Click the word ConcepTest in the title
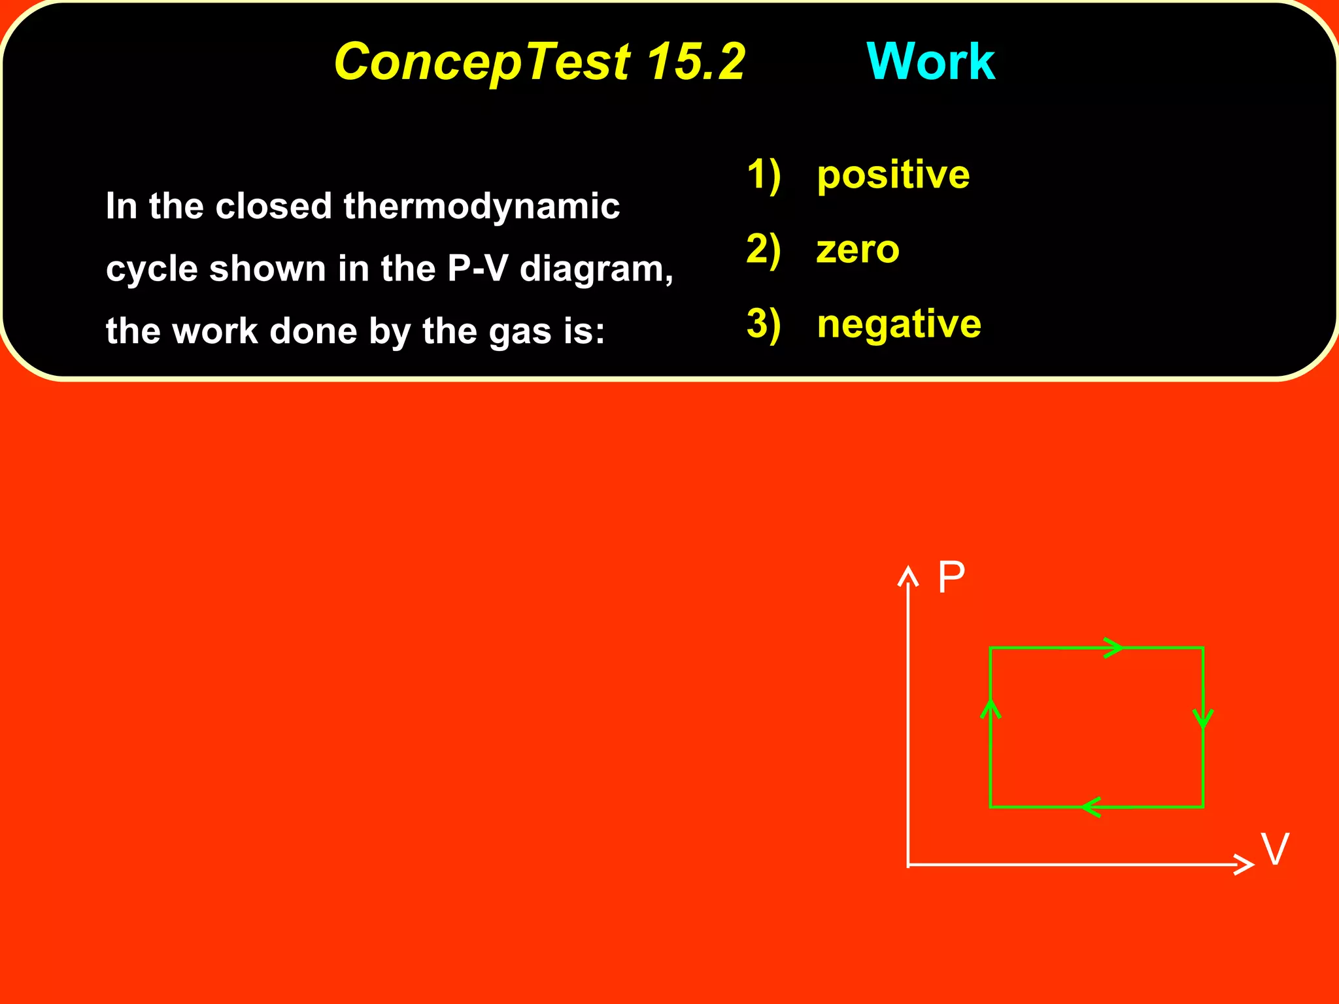tap(483, 62)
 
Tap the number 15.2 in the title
tap(696, 61)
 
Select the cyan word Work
tap(930, 61)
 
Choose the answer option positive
tap(893, 175)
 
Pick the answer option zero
tap(858, 250)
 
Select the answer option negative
tap(899, 324)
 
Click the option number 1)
tap(763, 175)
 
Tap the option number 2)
tap(763, 250)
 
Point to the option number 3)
tap(763, 324)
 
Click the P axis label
tap(951, 577)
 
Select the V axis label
tap(1275, 849)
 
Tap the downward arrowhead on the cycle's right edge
tap(1203, 719)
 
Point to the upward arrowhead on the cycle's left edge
tap(991, 709)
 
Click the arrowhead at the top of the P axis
tap(908, 576)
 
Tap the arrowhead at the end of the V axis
tap(1244, 864)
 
